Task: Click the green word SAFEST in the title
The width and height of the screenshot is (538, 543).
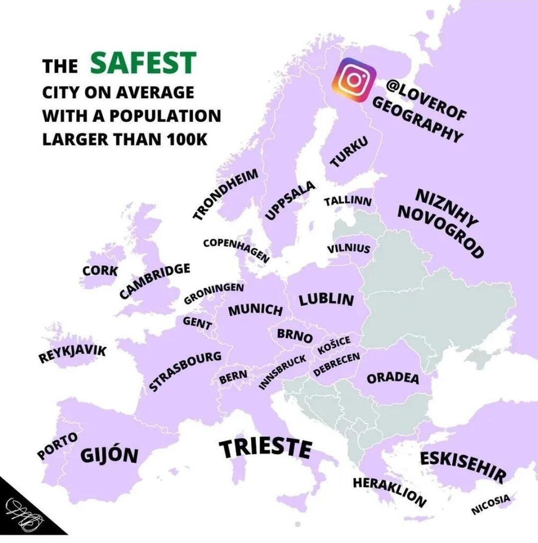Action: point(143,63)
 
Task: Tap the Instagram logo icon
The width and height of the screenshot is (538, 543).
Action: point(354,80)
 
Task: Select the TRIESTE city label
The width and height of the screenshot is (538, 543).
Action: point(265,449)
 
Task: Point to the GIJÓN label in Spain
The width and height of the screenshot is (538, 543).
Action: point(110,454)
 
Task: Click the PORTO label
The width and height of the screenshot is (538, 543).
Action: point(57,445)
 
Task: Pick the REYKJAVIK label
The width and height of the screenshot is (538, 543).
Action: point(72,354)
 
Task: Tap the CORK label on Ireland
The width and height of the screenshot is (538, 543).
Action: point(100,270)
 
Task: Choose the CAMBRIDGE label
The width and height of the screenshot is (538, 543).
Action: point(155,280)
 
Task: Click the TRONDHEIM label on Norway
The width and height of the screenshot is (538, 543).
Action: point(226,194)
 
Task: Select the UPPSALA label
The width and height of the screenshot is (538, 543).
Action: point(290,200)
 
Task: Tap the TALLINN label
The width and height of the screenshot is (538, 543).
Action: point(347,202)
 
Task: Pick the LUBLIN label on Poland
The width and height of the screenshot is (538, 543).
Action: point(326,300)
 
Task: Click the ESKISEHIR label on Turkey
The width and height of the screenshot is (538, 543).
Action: point(463,467)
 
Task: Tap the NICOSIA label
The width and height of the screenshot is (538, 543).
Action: point(491,504)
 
